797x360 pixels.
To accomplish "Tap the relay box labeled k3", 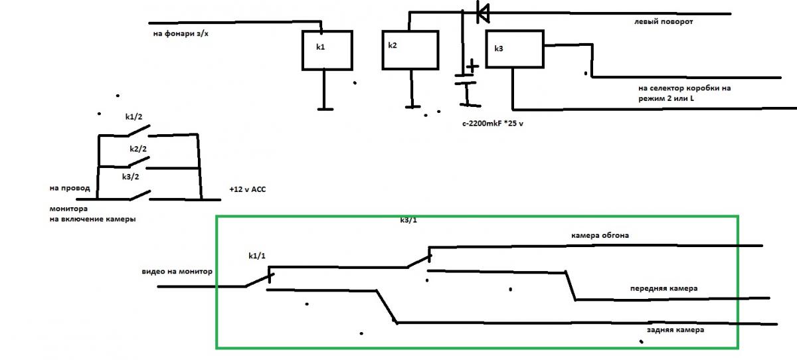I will click(x=515, y=49).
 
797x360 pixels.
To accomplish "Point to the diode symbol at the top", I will click(x=483, y=12).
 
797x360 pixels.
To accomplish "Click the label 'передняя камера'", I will click(x=664, y=289).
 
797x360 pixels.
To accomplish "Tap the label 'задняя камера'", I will click(x=675, y=329).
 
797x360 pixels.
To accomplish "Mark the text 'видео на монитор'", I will click(x=177, y=272).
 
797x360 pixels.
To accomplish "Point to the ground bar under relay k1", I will click(x=325, y=108).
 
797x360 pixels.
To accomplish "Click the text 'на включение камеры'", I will click(x=88, y=220).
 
